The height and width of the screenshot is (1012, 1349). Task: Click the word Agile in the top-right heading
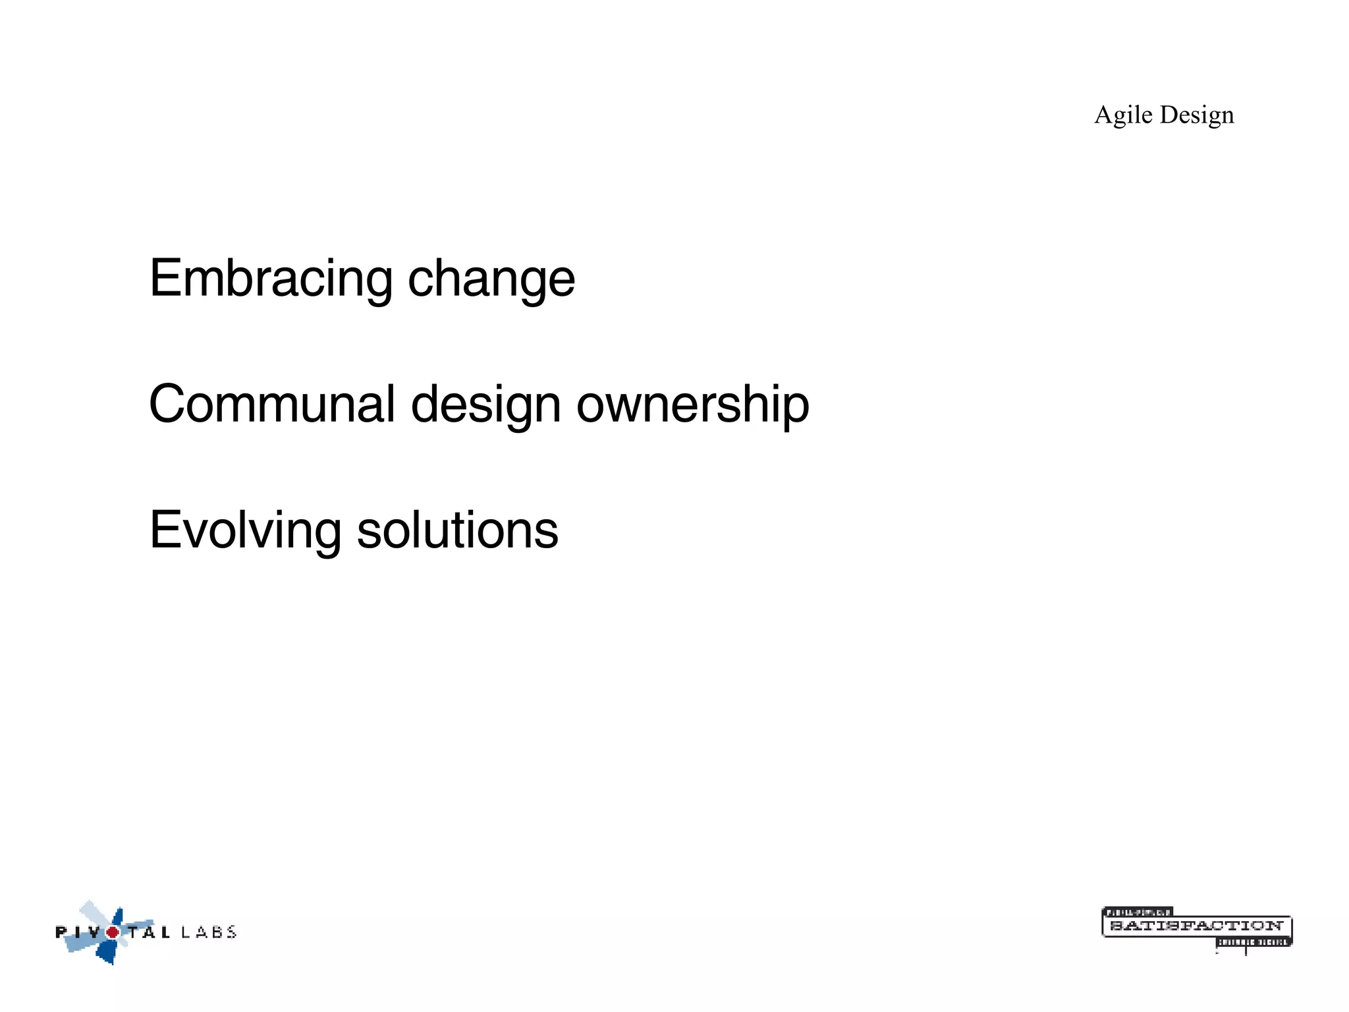[1123, 115]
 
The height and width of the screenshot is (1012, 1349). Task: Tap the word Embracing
[271, 279]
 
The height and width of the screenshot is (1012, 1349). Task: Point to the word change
[491, 279]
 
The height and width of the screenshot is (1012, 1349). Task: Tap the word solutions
[457, 530]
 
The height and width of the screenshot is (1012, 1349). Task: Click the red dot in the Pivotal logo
[113, 932]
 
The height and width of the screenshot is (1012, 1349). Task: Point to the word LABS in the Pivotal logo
[209, 932]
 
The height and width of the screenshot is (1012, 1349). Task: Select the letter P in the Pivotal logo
[61, 932]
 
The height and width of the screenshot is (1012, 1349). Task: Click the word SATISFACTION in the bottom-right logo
[1196, 926]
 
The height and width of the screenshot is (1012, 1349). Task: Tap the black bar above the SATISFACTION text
[1138, 913]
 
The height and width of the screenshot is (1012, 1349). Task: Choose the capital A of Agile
[1105, 115]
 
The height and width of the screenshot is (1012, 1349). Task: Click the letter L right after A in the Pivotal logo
[165, 932]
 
